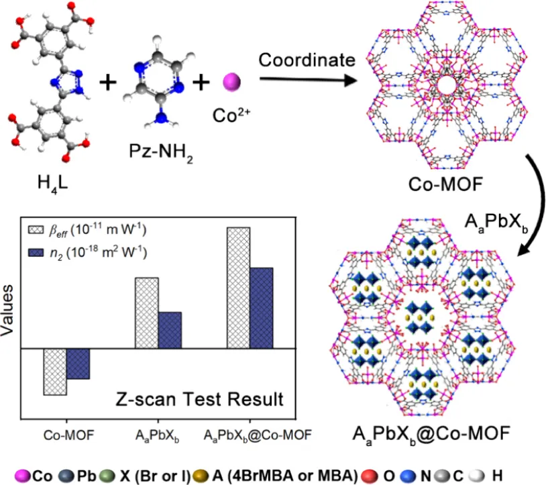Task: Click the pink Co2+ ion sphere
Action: pyautogui.click(x=231, y=83)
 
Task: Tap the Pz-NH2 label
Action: pyautogui.click(x=161, y=152)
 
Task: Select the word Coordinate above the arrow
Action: pyautogui.click(x=307, y=60)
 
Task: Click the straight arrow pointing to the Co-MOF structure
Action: pyautogui.click(x=309, y=80)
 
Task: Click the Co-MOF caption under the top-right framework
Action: pyautogui.click(x=445, y=184)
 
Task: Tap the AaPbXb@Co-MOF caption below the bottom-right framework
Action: pyautogui.click(x=431, y=435)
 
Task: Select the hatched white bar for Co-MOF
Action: pyautogui.click(x=55, y=372)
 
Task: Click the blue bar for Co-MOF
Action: pyautogui.click(x=78, y=364)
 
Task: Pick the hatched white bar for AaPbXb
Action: pyautogui.click(x=147, y=313)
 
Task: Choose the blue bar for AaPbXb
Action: pyautogui.click(x=170, y=330)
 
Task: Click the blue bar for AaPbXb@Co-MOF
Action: pyautogui.click(x=262, y=308)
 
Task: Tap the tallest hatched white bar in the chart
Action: pyautogui.click(x=238, y=288)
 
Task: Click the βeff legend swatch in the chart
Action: pyautogui.click(x=36, y=230)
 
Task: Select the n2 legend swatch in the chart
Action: pyautogui.click(x=36, y=252)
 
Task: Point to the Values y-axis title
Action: pyautogui.click(x=7, y=311)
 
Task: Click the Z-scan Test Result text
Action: pyautogui.click(x=199, y=399)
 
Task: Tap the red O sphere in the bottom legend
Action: pyautogui.click(x=370, y=476)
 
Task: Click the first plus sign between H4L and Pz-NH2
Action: pyautogui.click(x=108, y=83)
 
